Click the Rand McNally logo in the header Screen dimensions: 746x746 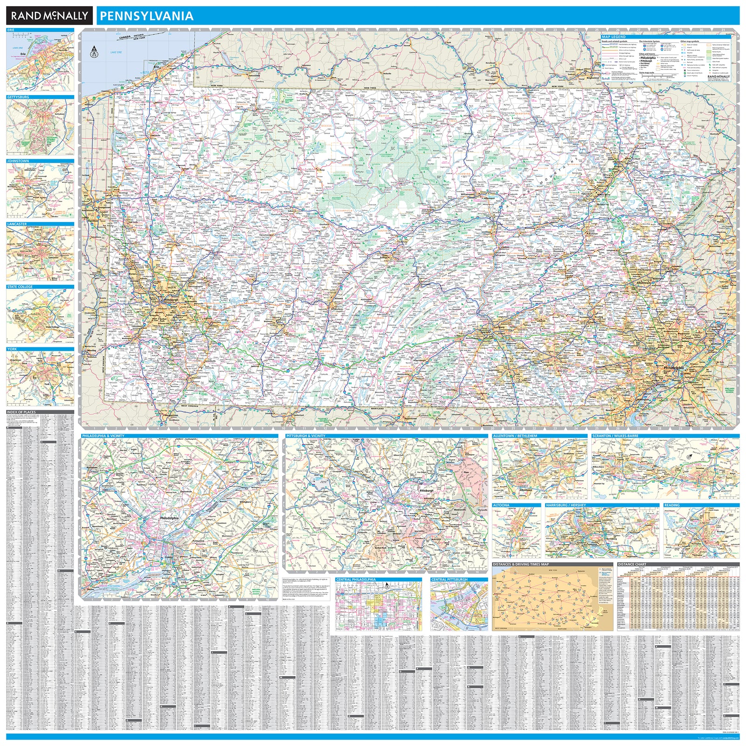[x=49, y=16]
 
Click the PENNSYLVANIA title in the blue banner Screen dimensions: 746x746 [x=146, y=16]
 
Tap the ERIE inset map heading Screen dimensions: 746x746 [x=11, y=30]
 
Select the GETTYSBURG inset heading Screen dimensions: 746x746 [x=18, y=97]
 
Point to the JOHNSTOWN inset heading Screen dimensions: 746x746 [x=18, y=161]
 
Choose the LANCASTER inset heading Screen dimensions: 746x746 [x=17, y=224]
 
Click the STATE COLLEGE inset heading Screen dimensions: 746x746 [x=20, y=287]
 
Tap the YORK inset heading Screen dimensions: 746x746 [x=12, y=349]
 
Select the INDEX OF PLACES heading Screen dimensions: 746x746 [x=21, y=412]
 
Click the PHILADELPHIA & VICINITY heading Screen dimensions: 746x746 [x=103, y=436]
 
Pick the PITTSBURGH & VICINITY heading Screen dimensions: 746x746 [x=306, y=436]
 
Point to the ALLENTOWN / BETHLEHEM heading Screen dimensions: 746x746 [x=515, y=436]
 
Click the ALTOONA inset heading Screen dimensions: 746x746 [x=501, y=505]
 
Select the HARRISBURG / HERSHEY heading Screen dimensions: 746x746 [x=566, y=505]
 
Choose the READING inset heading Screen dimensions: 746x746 [x=672, y=505]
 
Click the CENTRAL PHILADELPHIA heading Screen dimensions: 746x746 [x=356, y=580]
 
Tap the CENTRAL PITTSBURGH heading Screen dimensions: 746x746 [x=449, y=580]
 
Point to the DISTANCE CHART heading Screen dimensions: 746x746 [x=632, y=564]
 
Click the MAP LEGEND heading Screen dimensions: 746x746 [x=614, y=37]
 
